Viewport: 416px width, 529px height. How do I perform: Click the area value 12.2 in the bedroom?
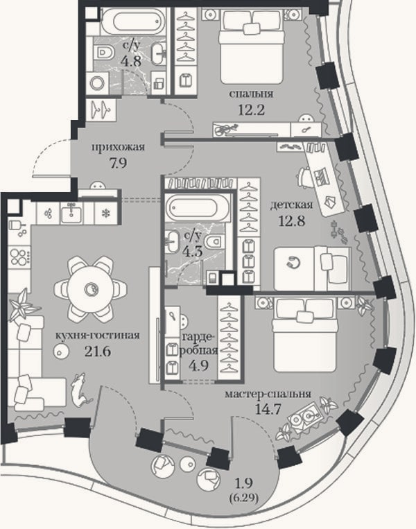[x=251, y=110]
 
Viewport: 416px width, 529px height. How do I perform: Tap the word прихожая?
[x=118, y=148]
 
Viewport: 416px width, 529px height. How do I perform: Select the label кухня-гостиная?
[x=97, y=336]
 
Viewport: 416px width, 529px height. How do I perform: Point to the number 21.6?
[x=98, y=352]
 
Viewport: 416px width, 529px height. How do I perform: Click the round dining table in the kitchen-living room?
[x=90, y=289]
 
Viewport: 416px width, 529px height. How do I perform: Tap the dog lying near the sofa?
[x=80, y=390]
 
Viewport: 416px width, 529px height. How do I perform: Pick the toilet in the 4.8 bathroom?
[x=105, y=53]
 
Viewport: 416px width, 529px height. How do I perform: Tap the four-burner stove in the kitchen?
[x=20, y=257]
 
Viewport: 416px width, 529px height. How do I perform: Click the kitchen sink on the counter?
[x=71, y=214]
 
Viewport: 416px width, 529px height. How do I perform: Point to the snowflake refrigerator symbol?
[x=105, y=213]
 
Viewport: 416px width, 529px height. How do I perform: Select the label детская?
[x=291, y=205]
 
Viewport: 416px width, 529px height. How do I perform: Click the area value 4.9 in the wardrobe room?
[x=199, y=365]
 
